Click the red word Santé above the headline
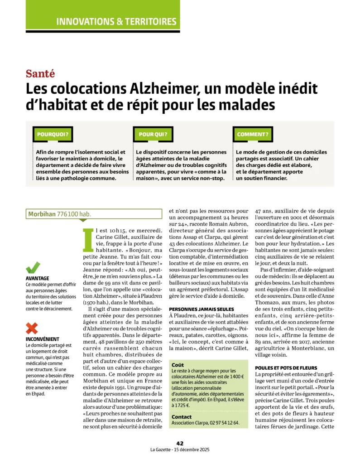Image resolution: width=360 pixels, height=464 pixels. pyautogui.click(x=40, y=73)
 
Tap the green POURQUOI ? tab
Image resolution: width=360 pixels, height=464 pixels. pyautogui.click(x=53, y=134)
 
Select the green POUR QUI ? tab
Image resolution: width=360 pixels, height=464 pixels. pyautogui.click(x=153, y=134)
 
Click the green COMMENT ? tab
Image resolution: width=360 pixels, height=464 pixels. pyautogui.click(x=253, y=134)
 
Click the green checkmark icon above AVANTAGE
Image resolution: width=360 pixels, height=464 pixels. pyautogui.click(x=33, y=267)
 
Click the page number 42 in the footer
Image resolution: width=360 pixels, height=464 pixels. pyautogui.click(x=180, y=443)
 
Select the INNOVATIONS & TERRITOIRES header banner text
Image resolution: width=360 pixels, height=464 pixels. pyautogui.click(x=116, y=21)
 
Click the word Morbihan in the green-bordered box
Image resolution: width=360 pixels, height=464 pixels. pyautogui.click(x=42, y=214)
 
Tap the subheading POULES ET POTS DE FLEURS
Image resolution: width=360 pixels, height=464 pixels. pyautogui.click(x=286, y=367)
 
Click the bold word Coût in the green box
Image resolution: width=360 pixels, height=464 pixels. pyautogui.click(x=178, y=364)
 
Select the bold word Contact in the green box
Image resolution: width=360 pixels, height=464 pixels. pyautogui.click(x=182, y=416)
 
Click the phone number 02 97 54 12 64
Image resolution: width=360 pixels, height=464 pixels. pyautogui.click(x=224, y=423)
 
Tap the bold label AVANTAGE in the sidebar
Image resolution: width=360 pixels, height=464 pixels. pyautogui.click(x=38, y=278)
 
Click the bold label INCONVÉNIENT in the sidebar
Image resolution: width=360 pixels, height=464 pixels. pyautogui.click(x=43, y=338)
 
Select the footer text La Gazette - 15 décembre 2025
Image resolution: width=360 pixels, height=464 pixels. pyautogui.click(x=180, y=449)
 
